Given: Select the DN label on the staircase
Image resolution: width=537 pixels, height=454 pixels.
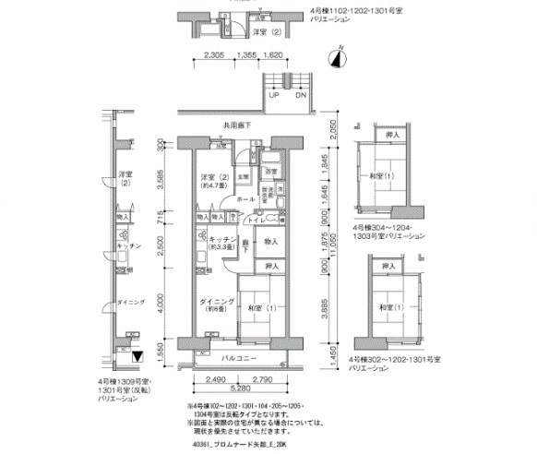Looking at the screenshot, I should tap(300, 95).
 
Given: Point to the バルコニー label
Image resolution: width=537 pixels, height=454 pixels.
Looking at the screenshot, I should tap(245, 356).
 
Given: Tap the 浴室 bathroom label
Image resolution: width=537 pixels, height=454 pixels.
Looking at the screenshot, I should tap(271, 173).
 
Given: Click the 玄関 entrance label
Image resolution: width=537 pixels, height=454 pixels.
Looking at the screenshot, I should tap(243, 176).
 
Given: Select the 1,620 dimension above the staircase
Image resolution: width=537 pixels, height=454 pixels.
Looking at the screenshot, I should tap(272, 55).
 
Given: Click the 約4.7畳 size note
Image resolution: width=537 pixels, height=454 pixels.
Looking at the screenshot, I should tap(211, 185).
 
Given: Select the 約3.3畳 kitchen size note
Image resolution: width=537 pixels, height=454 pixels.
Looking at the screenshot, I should tap(213, 246).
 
